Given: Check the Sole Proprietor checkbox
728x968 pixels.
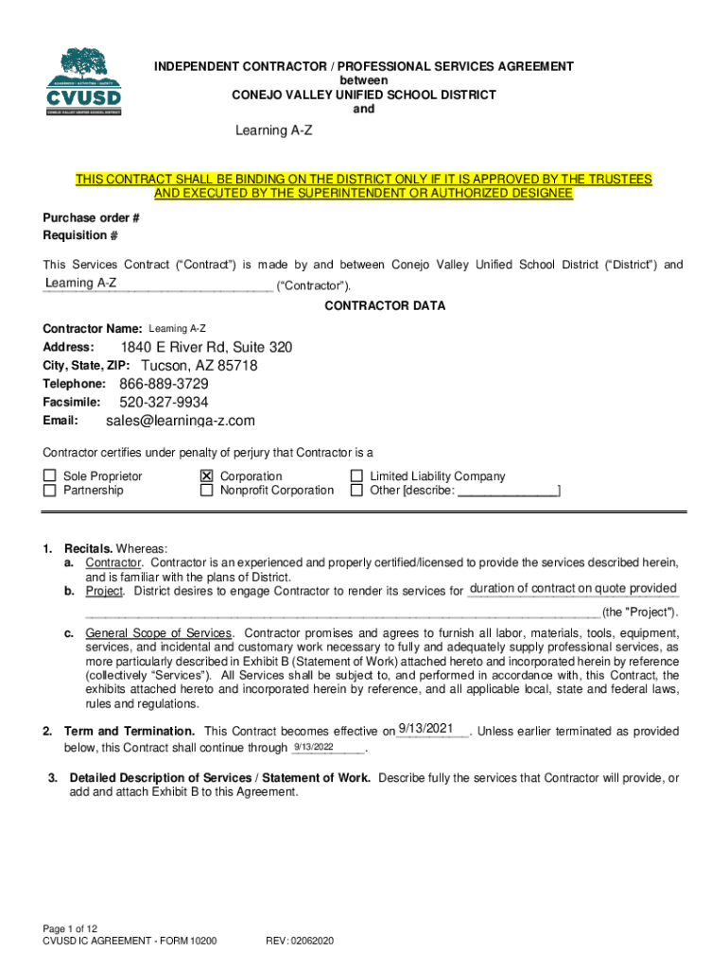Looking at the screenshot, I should [x=49, y=476].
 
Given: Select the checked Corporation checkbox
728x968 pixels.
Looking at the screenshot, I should [x=206, y=476].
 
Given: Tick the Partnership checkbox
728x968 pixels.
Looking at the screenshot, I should [x=49, y=491].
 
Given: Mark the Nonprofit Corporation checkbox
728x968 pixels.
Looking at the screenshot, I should [x=206, y=491].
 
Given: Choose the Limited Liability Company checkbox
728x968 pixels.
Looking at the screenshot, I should [x=356, y=476].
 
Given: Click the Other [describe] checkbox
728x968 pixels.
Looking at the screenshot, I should [x=356, y=491].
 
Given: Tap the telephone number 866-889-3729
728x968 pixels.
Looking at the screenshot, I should [x=164, y=384].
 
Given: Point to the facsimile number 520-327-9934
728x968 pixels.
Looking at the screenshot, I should [x=164, y=403].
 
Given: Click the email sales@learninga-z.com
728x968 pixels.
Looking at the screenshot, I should [x=180, y=421].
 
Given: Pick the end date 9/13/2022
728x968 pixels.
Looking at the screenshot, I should [x=313, y=747].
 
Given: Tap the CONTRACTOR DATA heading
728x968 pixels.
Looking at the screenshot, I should [x=385, y=306].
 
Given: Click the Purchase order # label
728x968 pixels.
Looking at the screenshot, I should [x=91, y=218].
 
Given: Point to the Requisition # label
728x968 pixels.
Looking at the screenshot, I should [x=80, y=235].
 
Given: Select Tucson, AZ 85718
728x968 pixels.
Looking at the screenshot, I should [x=199, y=366].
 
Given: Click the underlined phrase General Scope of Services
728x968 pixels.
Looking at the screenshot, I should [x=158, y=632].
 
